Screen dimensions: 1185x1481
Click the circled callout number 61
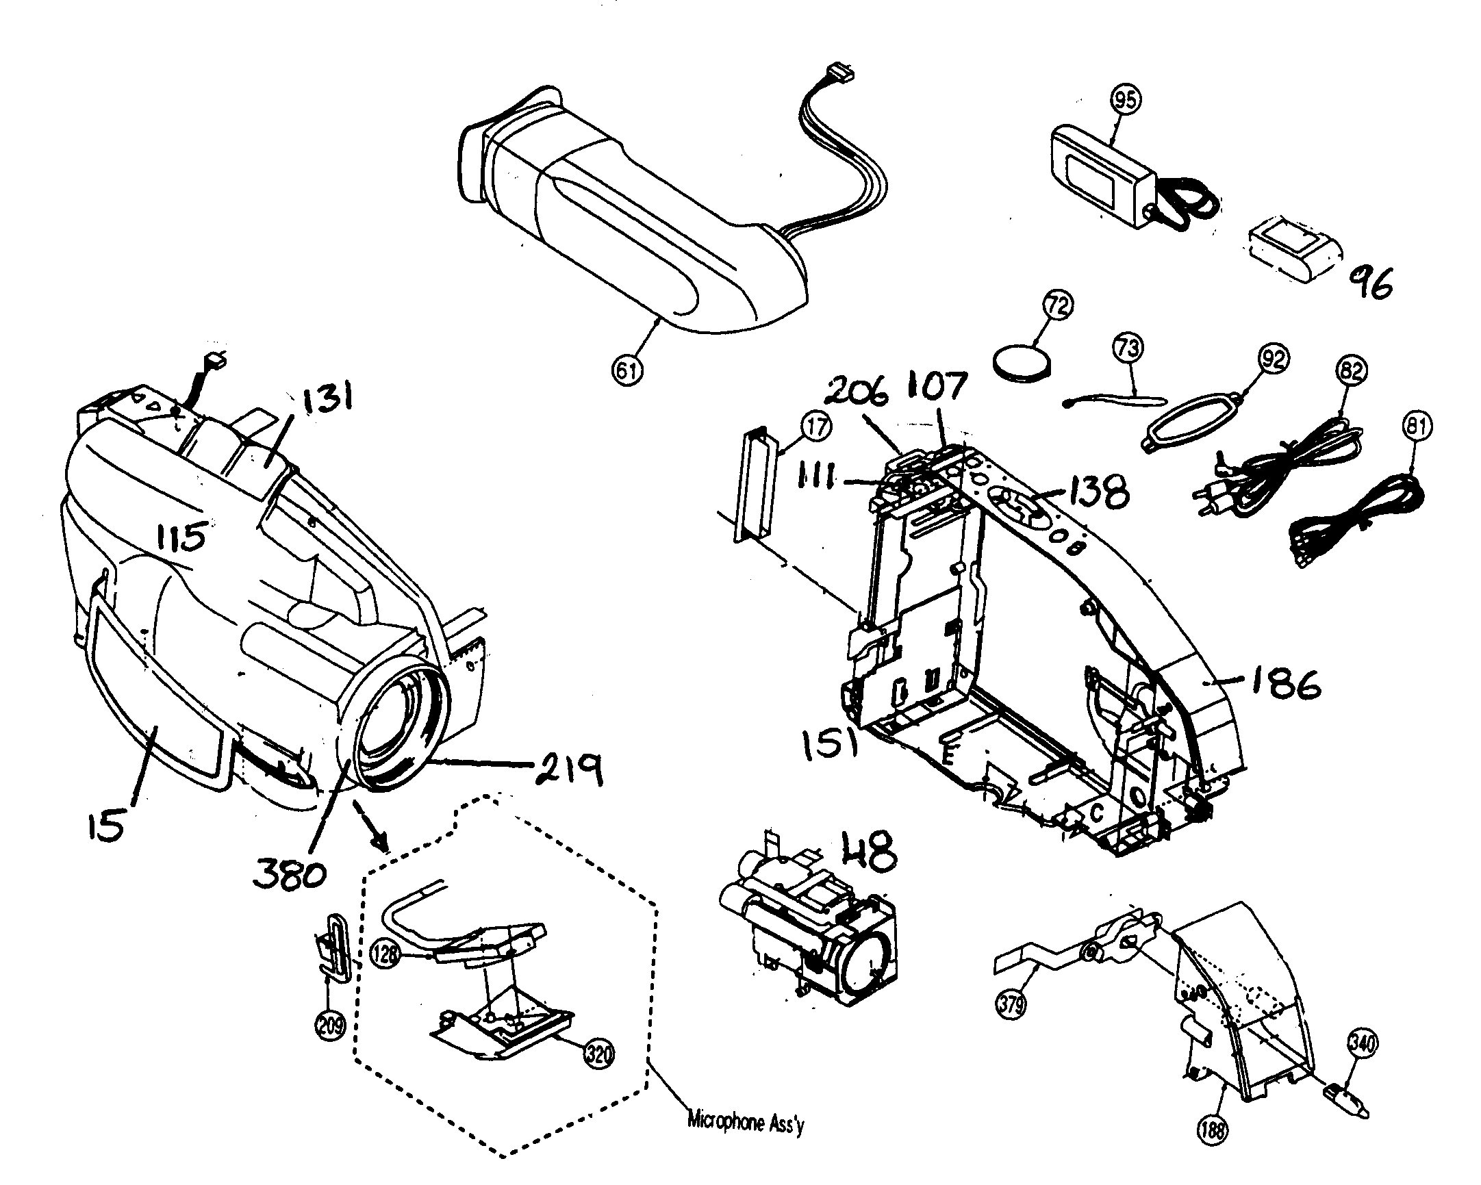pyautogui.click(x=626, y=370)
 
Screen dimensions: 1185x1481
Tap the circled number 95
pyautogui.click(x=1125, y=101)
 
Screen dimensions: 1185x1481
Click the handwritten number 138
pyautogui.click(x=1098, y=492)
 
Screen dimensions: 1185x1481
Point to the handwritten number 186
pyautogui.click(x=1284, y=684)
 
